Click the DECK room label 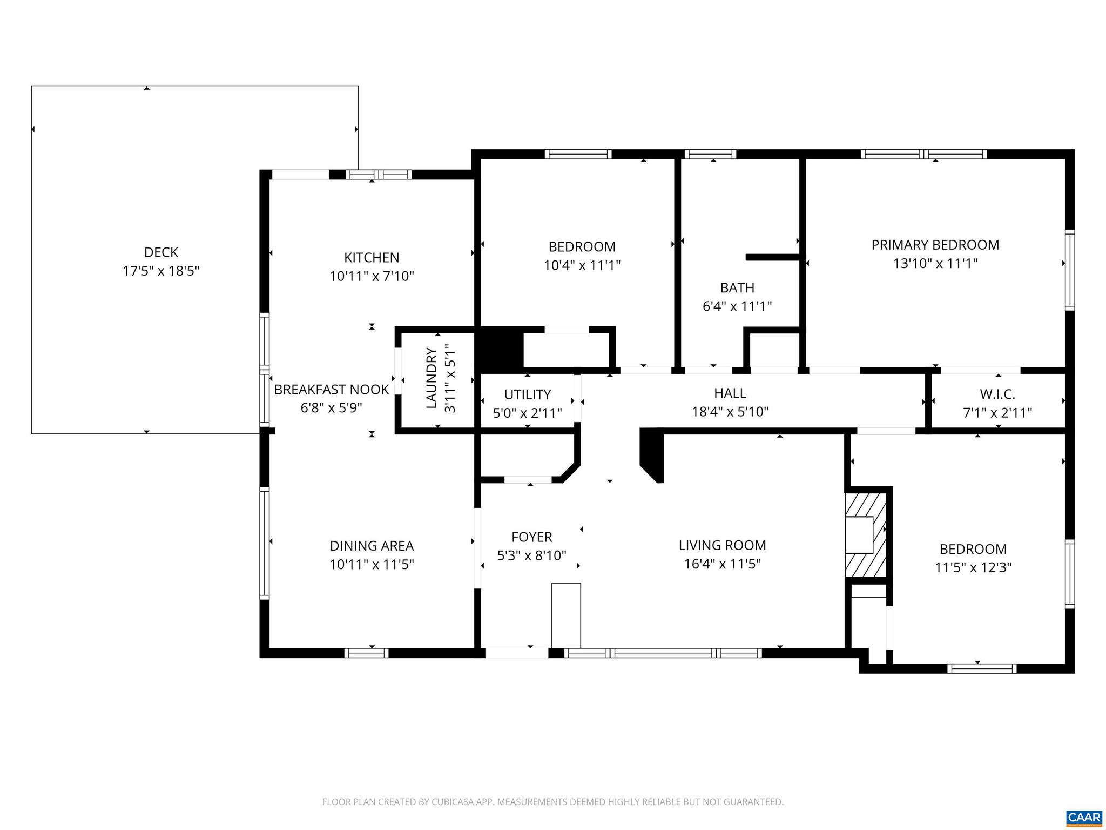tap(161, 252)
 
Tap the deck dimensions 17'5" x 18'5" tap(161, 271)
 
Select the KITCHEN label tap(372, 258)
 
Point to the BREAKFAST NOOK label tap(331, 390)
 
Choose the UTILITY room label tap(528, 394)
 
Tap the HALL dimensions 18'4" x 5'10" tap(730, 412)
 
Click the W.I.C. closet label tap(997, 394)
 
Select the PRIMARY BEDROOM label tap(935, 245)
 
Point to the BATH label tap(737, 288)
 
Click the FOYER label tap(532, 537)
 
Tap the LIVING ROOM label tap(723, 546)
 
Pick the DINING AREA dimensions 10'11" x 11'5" tap(372, 565)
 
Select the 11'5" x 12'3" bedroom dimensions tap(973, 568)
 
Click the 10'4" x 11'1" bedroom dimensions tap(582, 265)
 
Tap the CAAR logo tap(1084, 816)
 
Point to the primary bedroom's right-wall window tap(1069, 270)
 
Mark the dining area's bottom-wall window tap(366, 653)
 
